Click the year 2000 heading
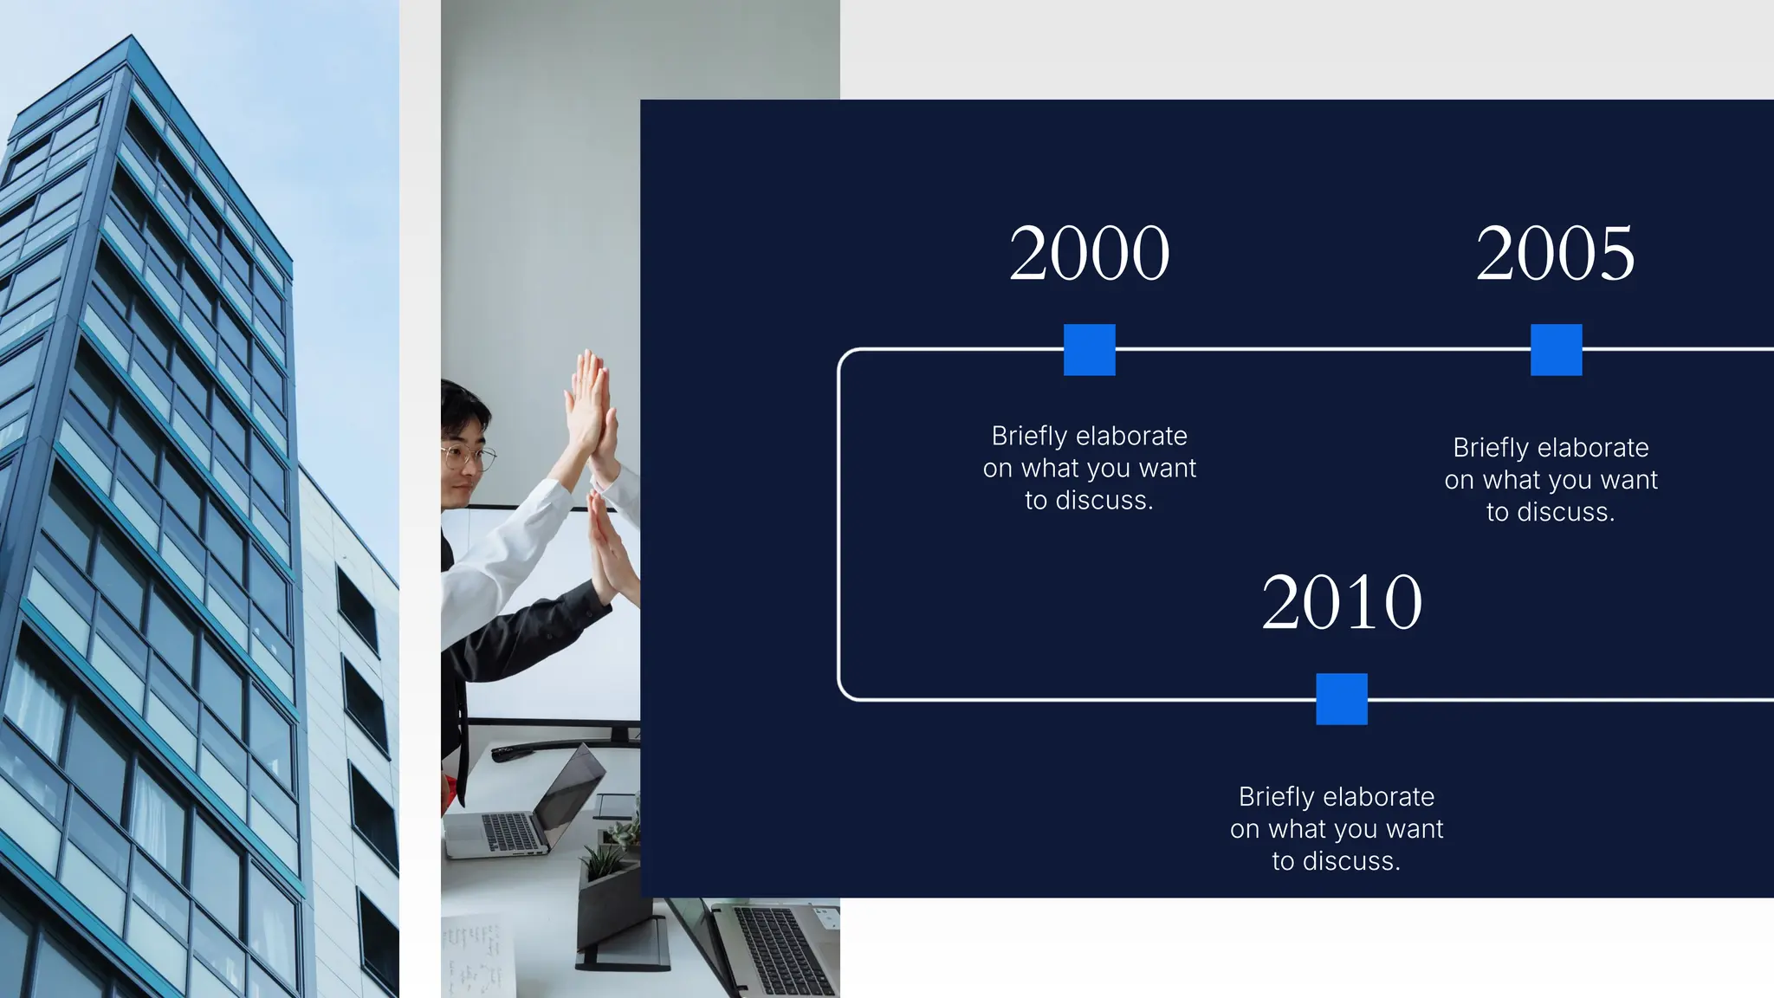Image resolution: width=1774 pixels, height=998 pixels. [1089, 253]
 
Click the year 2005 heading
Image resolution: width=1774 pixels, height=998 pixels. [1555, 253]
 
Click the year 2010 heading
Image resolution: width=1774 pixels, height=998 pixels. [1341, 602]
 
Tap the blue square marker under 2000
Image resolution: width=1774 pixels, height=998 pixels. [1089, 350]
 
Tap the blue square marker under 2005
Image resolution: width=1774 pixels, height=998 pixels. [1556, 350]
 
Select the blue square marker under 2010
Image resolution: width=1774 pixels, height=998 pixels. [1341, 699]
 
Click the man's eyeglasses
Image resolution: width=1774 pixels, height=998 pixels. [469, 456]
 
